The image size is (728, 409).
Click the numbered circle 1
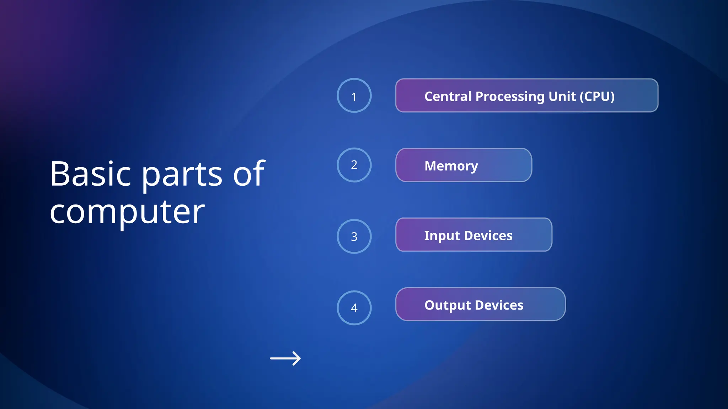click(354, 96)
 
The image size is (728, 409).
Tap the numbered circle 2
click(354, 165)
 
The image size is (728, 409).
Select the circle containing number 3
click(354, 236)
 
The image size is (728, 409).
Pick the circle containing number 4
click(354, 308)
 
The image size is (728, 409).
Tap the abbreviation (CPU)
click(597, 96)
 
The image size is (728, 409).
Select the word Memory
click(451, 166)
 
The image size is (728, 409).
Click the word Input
click(442, 236)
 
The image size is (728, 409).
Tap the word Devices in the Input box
click(488, 235)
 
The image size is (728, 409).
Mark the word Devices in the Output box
click(499, 305)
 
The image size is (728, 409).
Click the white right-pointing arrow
click(285, 358)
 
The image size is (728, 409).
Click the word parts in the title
click(182, 175)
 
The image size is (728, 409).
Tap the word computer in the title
click(127, 212)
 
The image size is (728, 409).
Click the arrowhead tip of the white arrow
click(300, 358)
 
